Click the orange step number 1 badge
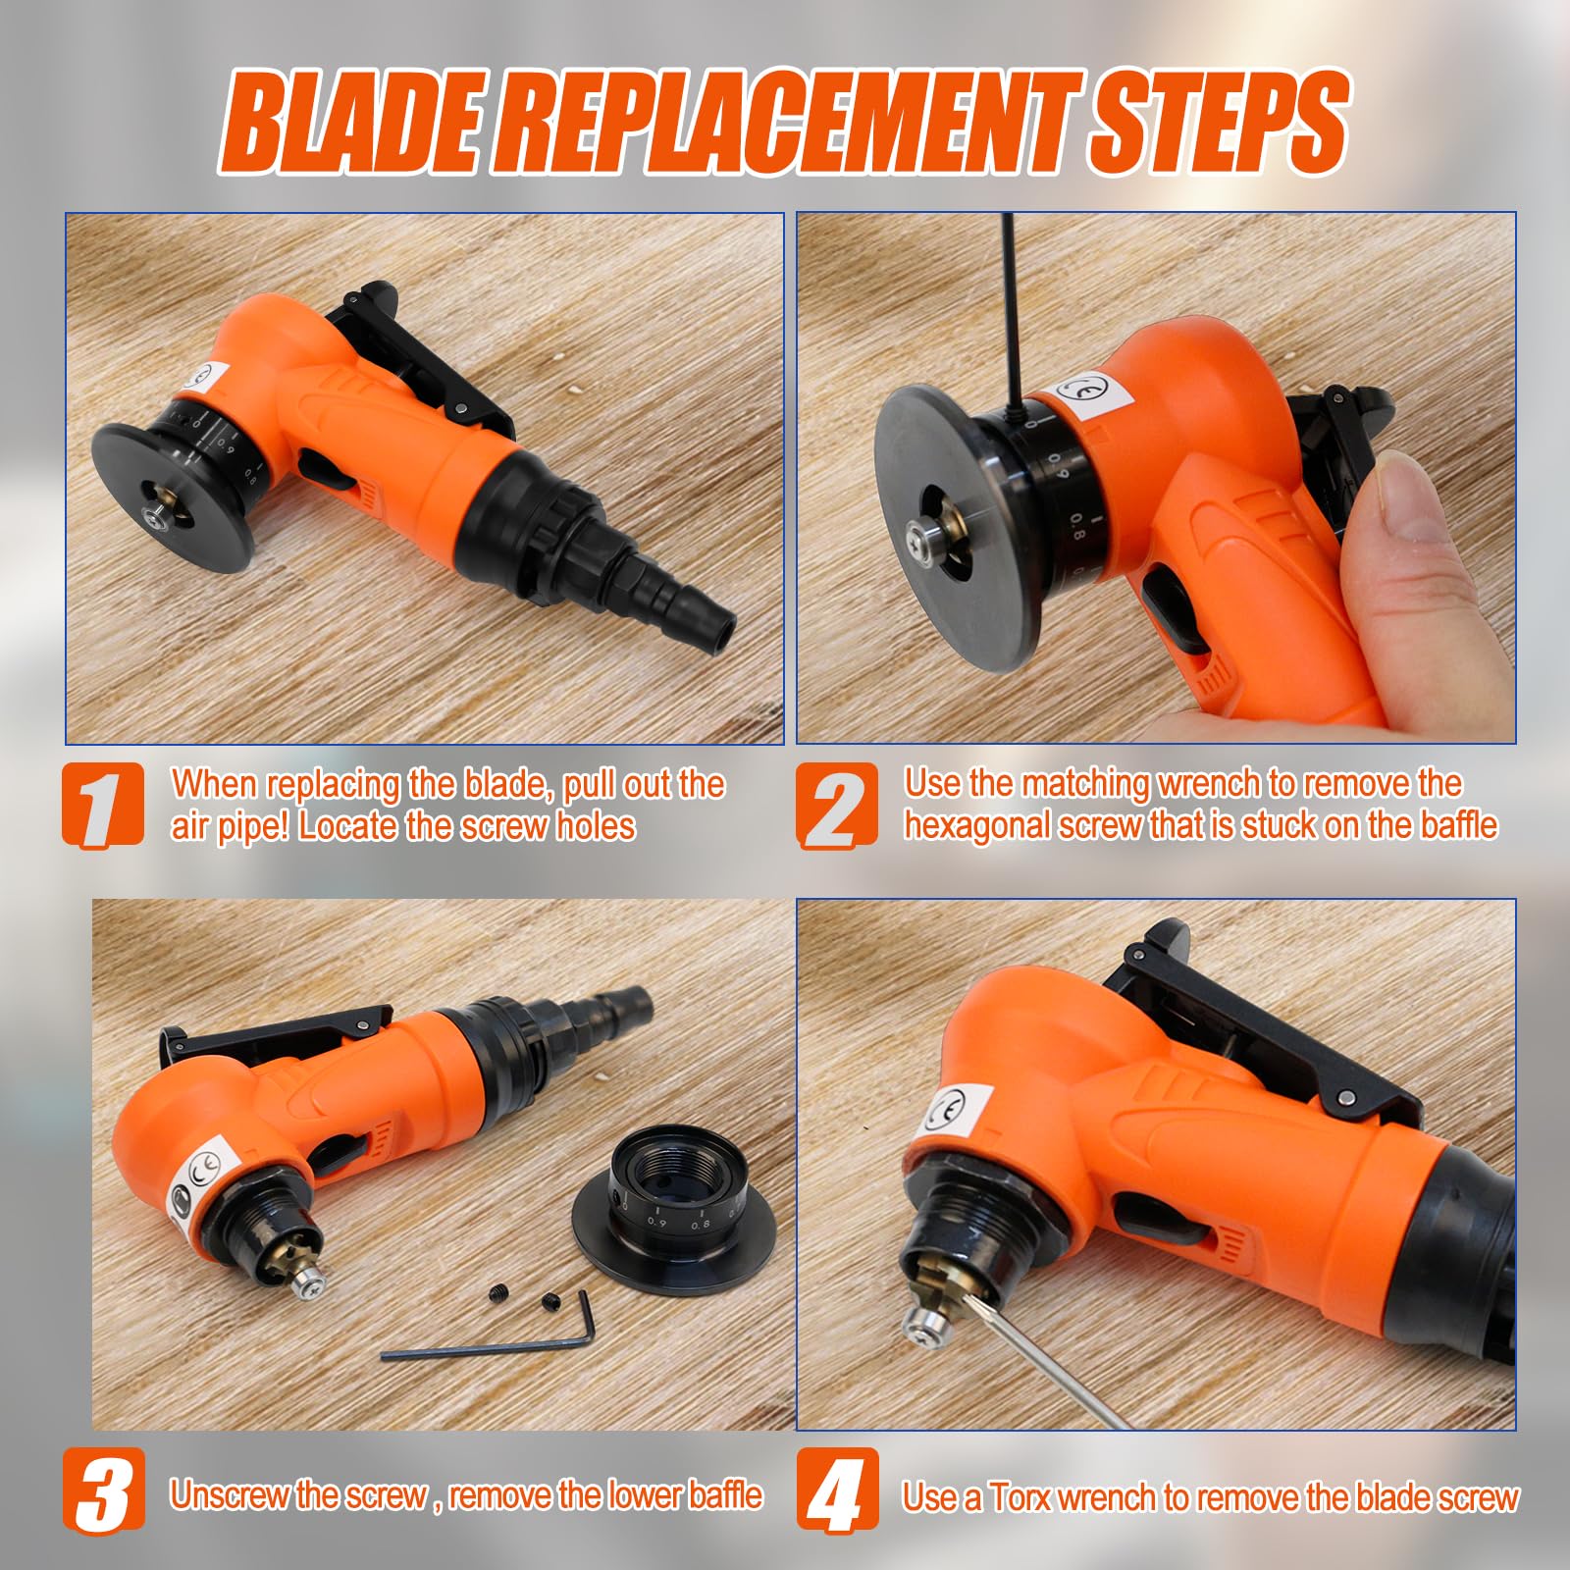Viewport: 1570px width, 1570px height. [103, 805]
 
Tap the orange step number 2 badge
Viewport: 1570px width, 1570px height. [836, 805]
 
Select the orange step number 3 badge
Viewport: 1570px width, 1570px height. [104, 1490]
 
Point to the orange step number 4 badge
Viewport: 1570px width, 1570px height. [837, 1490]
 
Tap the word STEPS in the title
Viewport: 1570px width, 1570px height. [1217, 124]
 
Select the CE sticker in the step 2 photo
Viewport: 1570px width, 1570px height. [1089, 393]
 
